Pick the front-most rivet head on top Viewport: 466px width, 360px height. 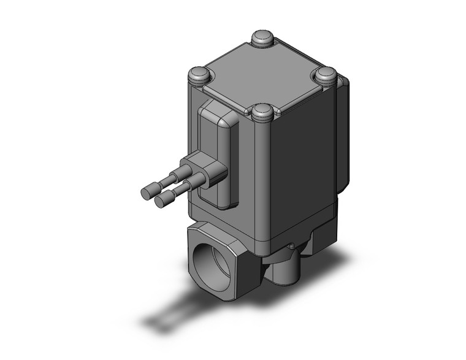pos(263,112)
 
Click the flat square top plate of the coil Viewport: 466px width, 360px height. pos(262,75)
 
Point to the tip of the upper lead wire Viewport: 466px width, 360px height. pos(148,192)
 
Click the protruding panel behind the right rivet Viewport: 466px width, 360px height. pos(343,135)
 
